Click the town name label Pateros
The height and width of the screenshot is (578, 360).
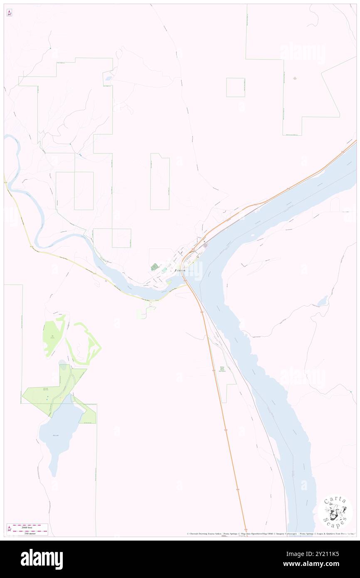[180, 270]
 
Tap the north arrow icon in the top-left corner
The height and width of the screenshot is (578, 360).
[9, 13]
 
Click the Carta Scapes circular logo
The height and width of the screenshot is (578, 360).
[335, 511]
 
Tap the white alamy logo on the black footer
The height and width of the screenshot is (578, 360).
[42, 559]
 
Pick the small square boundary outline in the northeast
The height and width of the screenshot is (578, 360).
[235, 87]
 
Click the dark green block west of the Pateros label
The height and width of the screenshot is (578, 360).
[155, 267]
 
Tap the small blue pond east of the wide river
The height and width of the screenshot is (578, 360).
[322, 300]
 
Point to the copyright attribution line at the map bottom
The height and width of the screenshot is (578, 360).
[270, 534]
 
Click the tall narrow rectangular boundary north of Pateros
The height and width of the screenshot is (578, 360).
[160, 182]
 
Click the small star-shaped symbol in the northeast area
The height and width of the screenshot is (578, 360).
[295, 78]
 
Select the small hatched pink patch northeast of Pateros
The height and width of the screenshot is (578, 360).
[205, 246]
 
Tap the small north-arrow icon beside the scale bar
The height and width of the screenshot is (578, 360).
[9, 529]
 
